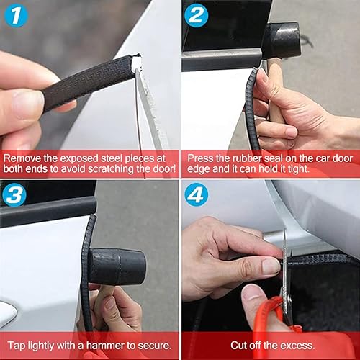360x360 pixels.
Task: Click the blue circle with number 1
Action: [16, 15]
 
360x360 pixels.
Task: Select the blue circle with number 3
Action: [16, 194]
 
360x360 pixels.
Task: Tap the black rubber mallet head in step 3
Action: [117, 266]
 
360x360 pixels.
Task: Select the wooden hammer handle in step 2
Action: [274, 94]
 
